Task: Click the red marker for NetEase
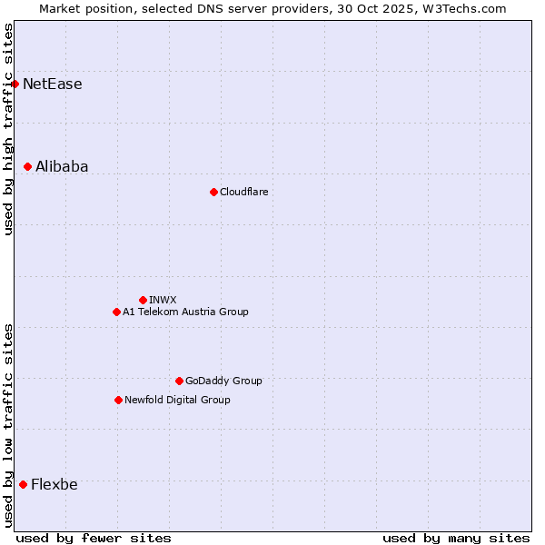click(15, 84)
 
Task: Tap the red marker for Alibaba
click(28, 166)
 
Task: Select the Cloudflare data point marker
click(213, 192)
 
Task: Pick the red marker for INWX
click(143, 300)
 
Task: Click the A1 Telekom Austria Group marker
click(116, 312)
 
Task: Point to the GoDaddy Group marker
click(179, 381)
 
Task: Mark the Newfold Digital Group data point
click(118, 400)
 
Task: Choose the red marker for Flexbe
click(23, 484)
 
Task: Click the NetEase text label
click(53, 84)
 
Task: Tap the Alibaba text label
click(62, 166)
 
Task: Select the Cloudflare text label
click(243, 192)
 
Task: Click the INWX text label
click(163, 300)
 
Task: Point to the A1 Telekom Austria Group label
click(185, 312)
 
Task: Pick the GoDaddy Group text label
click(223, 381)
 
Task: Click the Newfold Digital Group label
click(177, 400)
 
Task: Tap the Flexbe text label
click(54, 484)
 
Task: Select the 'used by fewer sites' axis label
click(94, 538)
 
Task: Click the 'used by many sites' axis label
click(456, 538)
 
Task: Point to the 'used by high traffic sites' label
click(9, 129)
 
